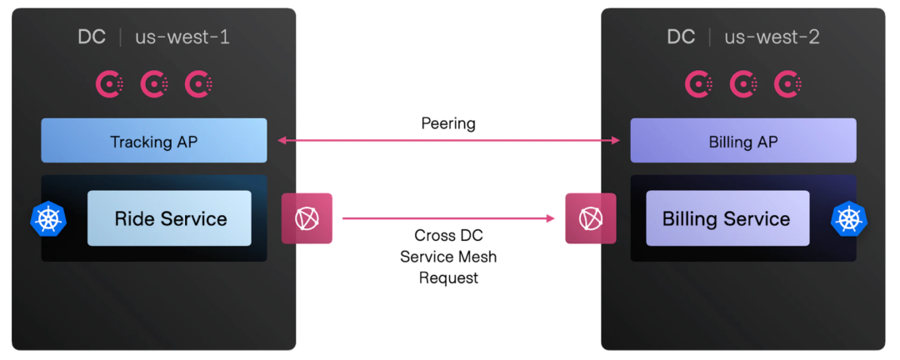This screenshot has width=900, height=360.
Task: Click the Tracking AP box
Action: click(154, 141)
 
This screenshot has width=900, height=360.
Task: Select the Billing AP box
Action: click(742, 141)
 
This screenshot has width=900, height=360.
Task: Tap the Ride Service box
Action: click(169, 218)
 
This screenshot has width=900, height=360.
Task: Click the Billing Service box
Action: click(727, 218)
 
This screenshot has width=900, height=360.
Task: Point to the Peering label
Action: click(448, 123)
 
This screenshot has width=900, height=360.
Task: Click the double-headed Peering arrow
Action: click(448, 141)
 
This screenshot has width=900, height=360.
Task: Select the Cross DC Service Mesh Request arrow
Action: click(448, 218)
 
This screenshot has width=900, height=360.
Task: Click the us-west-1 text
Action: click(182, 37)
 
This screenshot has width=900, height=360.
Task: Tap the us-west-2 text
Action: click(772, 37)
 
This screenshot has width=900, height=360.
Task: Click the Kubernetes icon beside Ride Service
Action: click(48, 218)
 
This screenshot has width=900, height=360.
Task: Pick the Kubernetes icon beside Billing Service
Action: click(849, 218)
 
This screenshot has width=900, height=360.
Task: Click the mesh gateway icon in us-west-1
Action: click(307, 218)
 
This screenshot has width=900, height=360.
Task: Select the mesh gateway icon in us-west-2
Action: click(591, 218)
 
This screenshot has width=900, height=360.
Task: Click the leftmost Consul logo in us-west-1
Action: click(110, 83)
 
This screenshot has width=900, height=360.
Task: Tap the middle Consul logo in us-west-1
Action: click(155, 83)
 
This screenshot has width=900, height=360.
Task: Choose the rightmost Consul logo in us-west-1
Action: click(199, 83)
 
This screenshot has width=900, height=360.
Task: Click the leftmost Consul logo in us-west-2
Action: click(699, 83)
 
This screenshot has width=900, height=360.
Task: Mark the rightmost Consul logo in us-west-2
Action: click(788, 83)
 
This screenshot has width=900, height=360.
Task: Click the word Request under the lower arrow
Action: click(448, 278)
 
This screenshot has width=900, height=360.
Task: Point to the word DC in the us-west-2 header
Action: click(680, 37)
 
